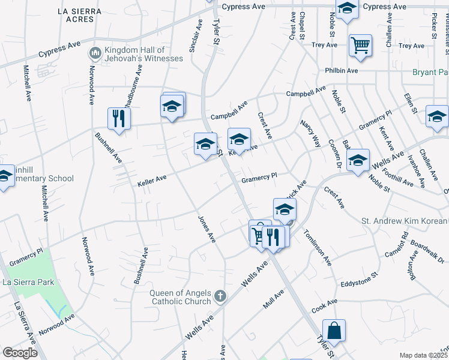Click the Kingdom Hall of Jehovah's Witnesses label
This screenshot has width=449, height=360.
click(134, 54)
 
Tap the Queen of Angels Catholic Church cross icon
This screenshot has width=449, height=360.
click(220, 296)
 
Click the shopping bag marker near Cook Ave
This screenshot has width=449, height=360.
click(334, 331)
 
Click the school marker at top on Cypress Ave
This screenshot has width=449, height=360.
click(347, 9)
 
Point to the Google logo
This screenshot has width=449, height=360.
click(20, 353)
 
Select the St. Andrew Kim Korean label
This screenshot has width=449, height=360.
click(405, 221)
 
